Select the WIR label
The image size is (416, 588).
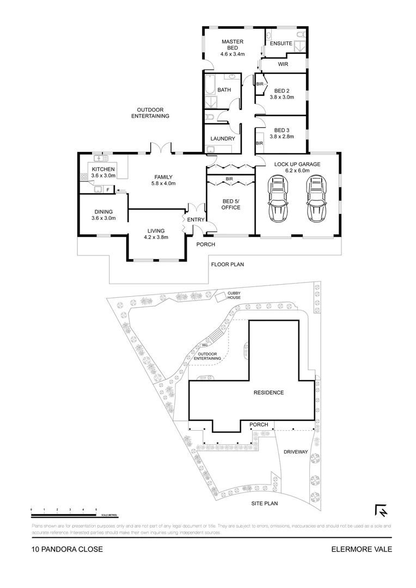click(x=283, y=64)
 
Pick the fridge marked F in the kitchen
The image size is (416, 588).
click(x=108, y=189)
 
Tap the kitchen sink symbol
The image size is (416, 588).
click(x=101, y=158)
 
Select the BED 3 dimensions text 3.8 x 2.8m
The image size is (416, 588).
click(x=282, y=137)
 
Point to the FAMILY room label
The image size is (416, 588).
click(x=163, y=177)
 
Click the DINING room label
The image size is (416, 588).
click(x=102, y=212)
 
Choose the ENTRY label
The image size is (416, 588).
click(x=195, y=219)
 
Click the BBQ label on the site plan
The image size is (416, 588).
click(x=205, y=346)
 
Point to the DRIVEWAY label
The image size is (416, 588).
click(x=296, y=452)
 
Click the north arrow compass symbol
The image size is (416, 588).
click(x=381, y=511)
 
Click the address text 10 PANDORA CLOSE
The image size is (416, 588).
click(x=67, y=549)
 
